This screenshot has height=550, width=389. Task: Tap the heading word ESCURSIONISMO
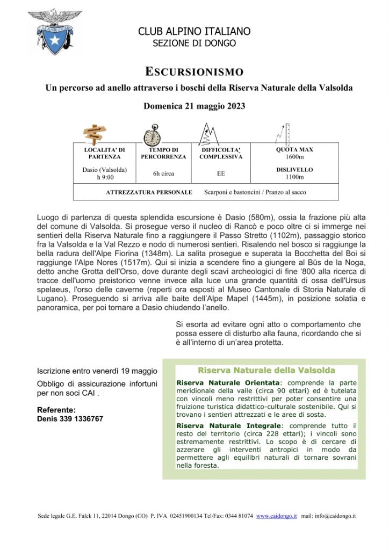[x=195, y=71]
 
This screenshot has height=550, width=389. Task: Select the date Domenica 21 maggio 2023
[x=195, y=106]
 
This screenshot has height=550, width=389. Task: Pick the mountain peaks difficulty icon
[x=210, y=133]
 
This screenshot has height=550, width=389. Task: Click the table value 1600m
[x=294, y=157]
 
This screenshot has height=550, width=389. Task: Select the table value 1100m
[x=294, y=177]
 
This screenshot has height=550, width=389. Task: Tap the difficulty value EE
[x=221, y=173]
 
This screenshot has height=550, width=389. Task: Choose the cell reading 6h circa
[x=163, y=173]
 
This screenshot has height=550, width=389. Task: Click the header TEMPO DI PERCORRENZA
[x=163, y=153]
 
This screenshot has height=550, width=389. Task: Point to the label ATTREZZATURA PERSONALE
[x=149, y=192]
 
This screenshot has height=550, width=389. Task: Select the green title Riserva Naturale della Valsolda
[x=266, y=371]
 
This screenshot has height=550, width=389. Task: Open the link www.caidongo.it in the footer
[x=276, y=516]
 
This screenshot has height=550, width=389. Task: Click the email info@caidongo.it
[x=336, y=516]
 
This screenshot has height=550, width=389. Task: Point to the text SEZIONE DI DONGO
[x=195, y=44]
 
